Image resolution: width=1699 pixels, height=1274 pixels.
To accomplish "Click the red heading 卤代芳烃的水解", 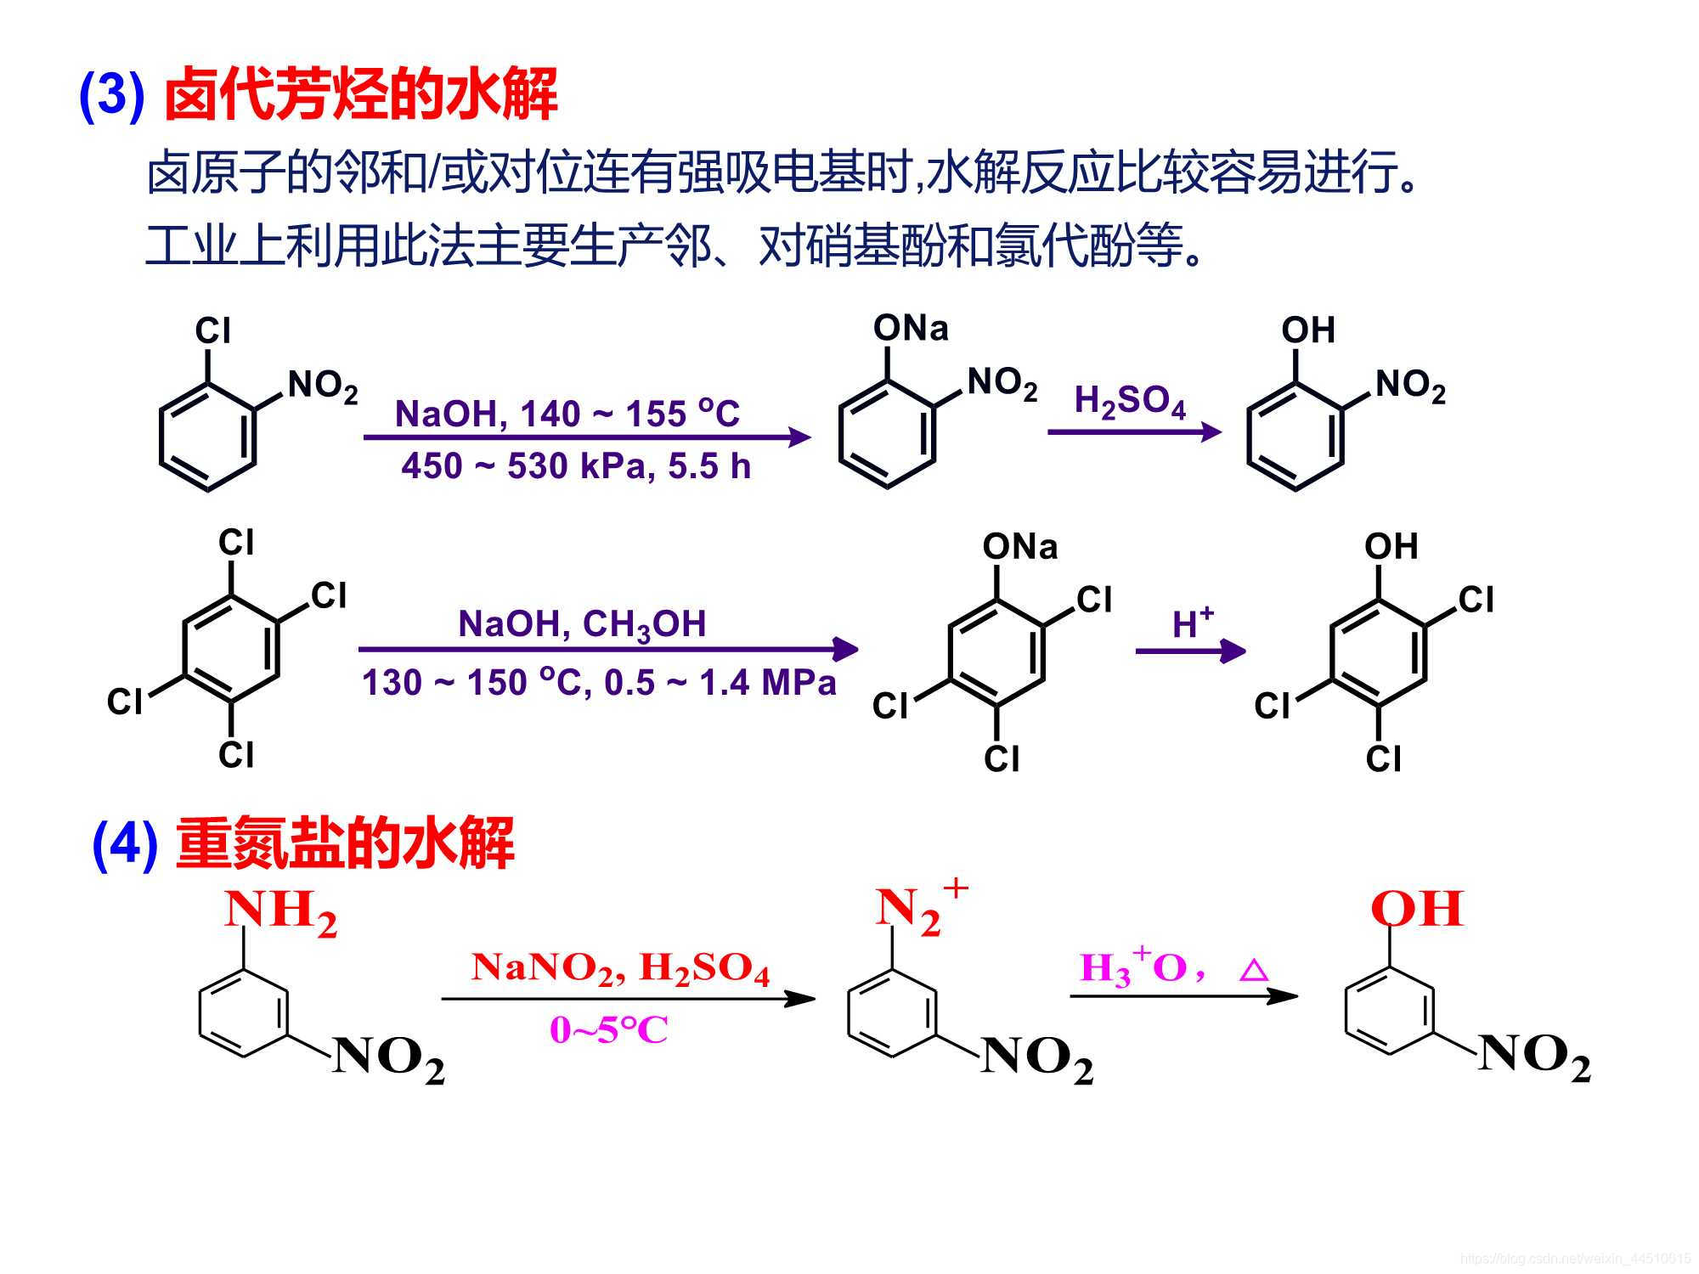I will click(x=361, y=95).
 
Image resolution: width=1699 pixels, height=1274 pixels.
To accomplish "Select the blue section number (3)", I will click(x=111, y=95).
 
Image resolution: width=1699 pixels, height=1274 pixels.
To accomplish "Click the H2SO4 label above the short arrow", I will click(x=1130, y=402).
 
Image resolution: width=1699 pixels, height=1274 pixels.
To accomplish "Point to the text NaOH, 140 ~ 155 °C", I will click(x=567, y=414).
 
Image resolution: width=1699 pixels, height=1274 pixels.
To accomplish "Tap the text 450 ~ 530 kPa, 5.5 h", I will click(x=576, y=466).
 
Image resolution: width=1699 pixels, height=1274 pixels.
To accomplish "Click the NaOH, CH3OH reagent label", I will click(x=582, y=625).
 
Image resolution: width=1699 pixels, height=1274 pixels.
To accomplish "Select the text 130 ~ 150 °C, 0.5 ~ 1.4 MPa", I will click(x=599, y=683).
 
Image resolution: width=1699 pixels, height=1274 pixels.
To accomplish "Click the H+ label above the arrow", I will click(x=1192, y=624).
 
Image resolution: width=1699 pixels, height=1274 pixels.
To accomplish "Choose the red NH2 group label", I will click(x=280, y=912).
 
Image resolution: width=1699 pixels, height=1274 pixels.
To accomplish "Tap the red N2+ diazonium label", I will click(x=919, y=909).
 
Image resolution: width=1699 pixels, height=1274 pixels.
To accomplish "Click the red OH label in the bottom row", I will click(x=1416, y=909).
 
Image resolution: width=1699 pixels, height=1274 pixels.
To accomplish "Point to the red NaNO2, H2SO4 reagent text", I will click(x=620, y=969).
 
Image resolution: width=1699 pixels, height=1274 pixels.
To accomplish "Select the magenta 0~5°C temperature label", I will click(x=608, y=1030).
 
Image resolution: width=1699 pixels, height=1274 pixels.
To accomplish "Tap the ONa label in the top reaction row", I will click(x=911, y=329).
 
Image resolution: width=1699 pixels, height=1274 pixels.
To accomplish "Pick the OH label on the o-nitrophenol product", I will click(x=1308, y=330).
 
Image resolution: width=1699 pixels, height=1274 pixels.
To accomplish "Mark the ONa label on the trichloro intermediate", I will click(x=1020, y=547).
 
